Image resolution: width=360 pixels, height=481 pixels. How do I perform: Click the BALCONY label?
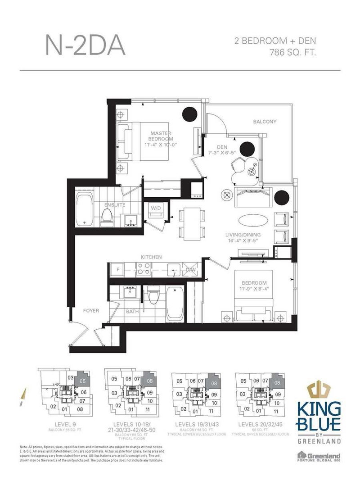click(265, 122)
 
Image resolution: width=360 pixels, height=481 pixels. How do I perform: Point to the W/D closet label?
click(156, 209)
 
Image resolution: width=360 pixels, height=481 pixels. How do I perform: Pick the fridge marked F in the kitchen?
click(118, 270)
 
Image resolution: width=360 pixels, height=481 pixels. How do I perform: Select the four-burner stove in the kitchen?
click(143, 269)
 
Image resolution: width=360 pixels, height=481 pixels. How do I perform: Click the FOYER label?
click(91, 311)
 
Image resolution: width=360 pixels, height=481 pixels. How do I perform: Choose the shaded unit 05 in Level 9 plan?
click(82, 381)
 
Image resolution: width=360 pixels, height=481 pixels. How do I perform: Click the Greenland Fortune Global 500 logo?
click(320, 458)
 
